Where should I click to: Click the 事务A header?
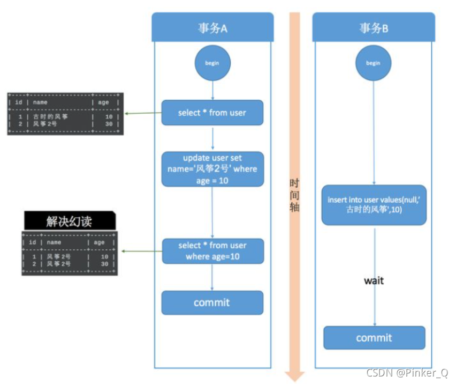coord(212,28)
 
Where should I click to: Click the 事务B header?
coord(373,28)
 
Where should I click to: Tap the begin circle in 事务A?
coord(212,63)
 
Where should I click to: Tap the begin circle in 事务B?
coord(373,63)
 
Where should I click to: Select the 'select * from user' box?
coord(212,113)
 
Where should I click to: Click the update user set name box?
coord(212,169)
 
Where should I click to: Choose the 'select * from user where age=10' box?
coord(212,251)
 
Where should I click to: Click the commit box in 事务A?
coord(212,302)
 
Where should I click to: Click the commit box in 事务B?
coord(374,338)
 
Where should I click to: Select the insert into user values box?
coord(374,205)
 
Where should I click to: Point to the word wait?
coord(374,280)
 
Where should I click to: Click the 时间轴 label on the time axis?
coord(294,193)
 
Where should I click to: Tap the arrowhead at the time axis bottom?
coord(294,375)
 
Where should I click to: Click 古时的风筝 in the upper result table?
coord(50,116)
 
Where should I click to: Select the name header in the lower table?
coord(54,242)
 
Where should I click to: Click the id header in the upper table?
coord(19,102)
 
